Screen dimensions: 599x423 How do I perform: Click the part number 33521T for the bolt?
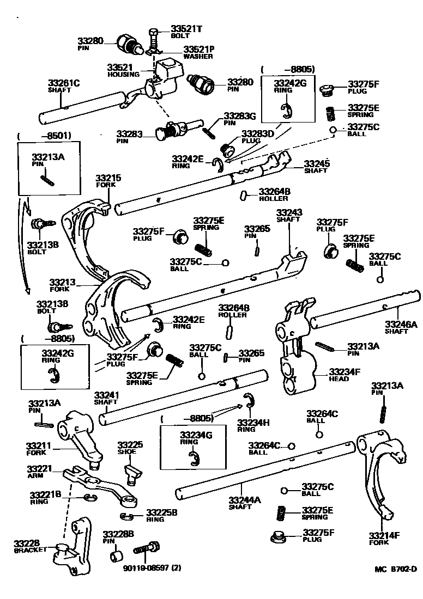point(186,28)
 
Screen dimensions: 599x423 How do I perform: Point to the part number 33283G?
point(239,116)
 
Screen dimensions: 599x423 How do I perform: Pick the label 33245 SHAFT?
point(317,166)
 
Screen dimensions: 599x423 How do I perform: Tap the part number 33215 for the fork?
point(108,178)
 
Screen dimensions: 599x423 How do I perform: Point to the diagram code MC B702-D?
point(395,570)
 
